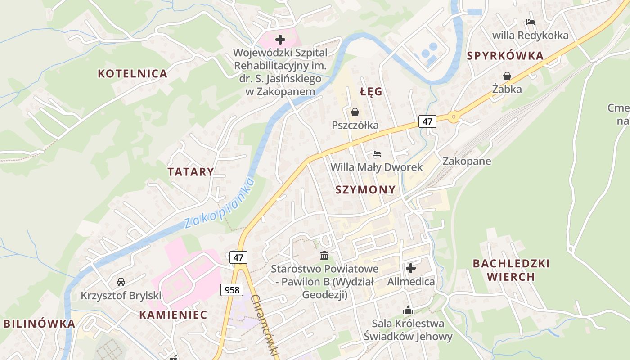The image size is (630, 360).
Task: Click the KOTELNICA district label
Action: coord(132,73)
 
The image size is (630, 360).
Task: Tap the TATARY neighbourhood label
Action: coord(191,171)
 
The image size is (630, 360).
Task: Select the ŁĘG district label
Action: coord(371,92)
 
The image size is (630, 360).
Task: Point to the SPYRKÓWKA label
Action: coord(505,56)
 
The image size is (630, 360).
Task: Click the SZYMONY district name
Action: coord(365,189)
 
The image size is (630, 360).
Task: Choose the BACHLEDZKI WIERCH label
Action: coord(511,270)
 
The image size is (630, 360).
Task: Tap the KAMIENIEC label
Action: coord(173,315)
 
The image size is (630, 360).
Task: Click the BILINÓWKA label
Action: coord(40,324)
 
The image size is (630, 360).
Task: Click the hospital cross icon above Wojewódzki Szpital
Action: coord(280,40)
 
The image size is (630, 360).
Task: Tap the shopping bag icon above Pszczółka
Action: coord(355,112)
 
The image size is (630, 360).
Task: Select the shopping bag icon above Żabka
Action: coord(507,76)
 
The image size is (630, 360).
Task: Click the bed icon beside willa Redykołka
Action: coord(531,22)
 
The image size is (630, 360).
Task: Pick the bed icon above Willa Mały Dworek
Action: coord(377,154)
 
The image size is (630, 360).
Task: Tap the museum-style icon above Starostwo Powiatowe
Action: coord(324,256)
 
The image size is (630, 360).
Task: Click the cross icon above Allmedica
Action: coord(411,269)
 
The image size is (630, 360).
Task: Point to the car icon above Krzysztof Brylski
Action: coord(121,282)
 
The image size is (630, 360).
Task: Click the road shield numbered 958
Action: coord(232,289)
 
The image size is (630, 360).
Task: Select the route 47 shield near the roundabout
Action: coord(427,121)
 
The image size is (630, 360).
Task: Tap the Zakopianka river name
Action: coord(220,203)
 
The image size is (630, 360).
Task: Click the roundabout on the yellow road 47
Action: coord(454,117)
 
